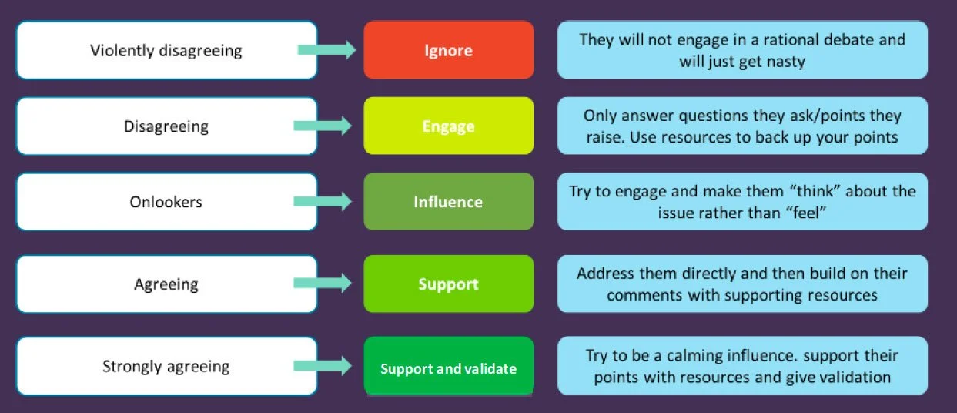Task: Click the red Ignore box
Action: click(x=448, y=51)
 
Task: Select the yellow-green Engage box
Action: click(x=448, y=126)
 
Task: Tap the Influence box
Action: click(x=448, y=202)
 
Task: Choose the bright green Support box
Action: click(x=448, y=284)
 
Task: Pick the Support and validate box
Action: click(x=448, y=368)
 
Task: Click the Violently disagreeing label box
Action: click(x=166, y=51)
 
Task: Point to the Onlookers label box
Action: click(x=166, y=202)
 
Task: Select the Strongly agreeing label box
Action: click(x=166, y=366)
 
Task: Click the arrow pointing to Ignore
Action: click(x=326, y=51)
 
